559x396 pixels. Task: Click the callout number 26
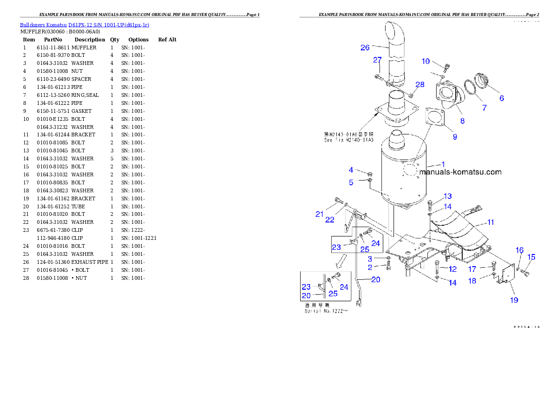[x=365, y=47]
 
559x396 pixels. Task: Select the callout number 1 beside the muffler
[x=443, y=164]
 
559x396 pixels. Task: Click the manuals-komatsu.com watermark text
[x=460, y=172]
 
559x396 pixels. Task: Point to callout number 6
[x=502, y=98]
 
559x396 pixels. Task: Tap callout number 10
[x=425, y=61]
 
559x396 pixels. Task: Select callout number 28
[x=419, y=85]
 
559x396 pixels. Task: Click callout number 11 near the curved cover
[x=490, y=222]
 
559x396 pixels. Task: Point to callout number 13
[x=447, y=196]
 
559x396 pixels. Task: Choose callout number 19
[x=514, y=300]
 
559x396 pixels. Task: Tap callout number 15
[x=531, y=257]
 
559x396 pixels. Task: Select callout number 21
[x=319, y=214]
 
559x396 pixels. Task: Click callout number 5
[x=351, y=182]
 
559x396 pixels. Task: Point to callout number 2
[x=370, y=267]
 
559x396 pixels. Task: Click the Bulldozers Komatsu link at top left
[x=85, y=25]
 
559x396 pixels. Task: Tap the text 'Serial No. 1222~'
[x=327, y=311]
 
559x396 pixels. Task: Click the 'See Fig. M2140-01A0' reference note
[x=349, y=140]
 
